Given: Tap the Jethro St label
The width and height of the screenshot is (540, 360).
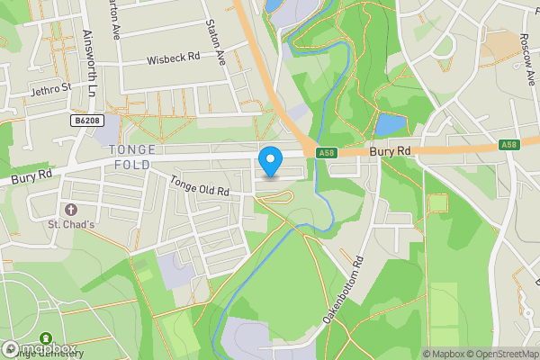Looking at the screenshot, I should (x=49, y=88).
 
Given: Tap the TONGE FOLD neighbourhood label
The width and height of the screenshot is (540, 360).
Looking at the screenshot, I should (x=131, y=157).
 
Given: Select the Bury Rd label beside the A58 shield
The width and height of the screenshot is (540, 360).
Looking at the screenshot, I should (x=391, y=152).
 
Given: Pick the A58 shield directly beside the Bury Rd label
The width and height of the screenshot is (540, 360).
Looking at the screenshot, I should (x=326, y=153).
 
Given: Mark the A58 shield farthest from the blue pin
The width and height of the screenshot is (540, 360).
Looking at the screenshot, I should (x=509, y=144).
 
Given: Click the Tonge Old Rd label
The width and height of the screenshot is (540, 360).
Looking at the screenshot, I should (x=200, y=187).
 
